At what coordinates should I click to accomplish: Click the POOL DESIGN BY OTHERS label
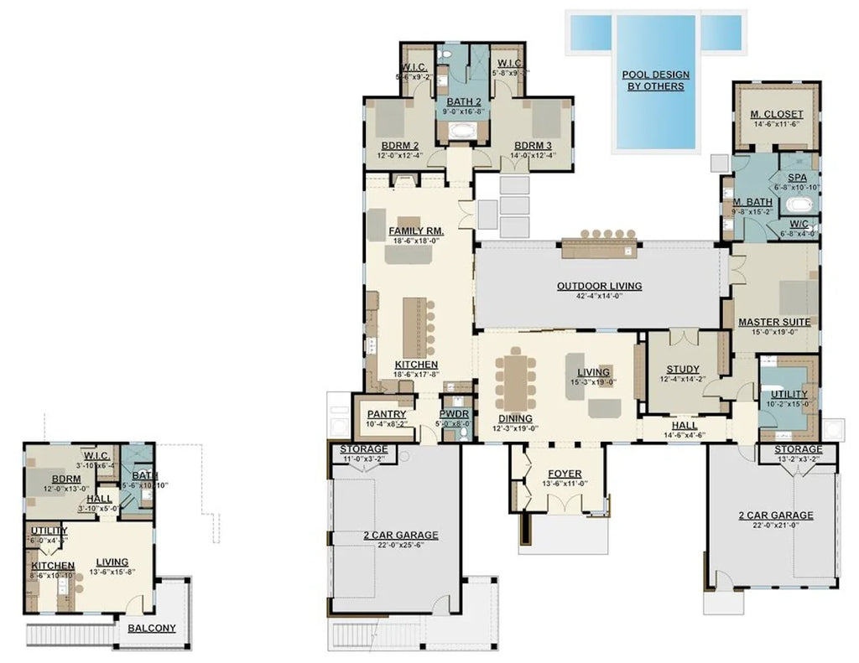(653, 80)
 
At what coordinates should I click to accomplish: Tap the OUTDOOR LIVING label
(599, 286)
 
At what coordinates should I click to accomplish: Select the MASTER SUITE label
(773, 322)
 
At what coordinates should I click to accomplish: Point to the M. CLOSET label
(776, 114)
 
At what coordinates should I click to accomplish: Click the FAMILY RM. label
(416, 230)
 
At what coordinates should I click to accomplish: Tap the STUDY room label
(683, 370)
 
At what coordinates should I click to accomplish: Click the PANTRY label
(387, 414)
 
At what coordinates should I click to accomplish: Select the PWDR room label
(454, 414)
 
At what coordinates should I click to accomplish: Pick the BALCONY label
(152, 628)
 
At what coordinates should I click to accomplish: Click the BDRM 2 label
(398, 145)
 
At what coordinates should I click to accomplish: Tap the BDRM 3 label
(534, 145)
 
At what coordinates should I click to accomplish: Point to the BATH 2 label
(464, 101)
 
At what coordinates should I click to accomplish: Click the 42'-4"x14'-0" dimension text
(599, 296)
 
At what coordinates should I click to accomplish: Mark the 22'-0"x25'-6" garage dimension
(394, 546)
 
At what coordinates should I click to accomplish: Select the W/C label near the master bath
(798, 224)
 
